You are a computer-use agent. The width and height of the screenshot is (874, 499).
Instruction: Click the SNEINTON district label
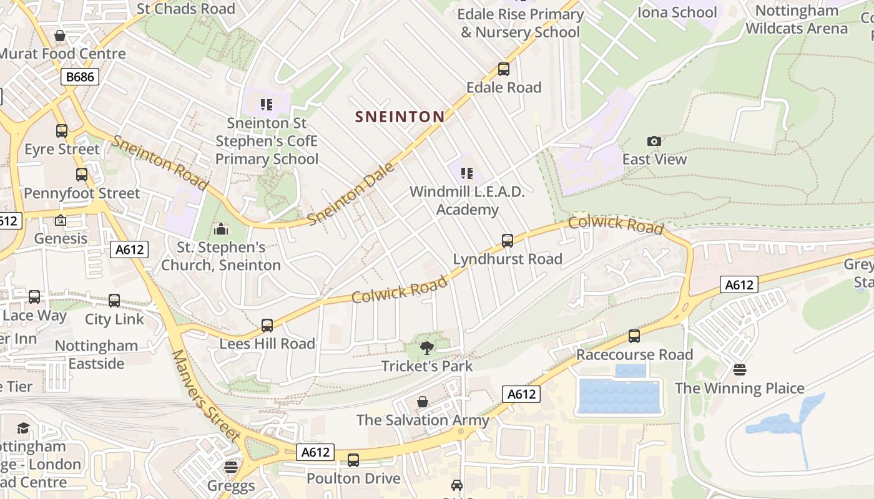tap(400, 117)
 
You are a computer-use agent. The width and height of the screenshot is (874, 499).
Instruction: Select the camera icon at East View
tap(654, 141)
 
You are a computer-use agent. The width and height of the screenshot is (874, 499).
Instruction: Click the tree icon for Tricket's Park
tap(427, 348)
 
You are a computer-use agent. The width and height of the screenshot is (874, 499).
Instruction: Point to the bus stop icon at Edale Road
tap(504, 69)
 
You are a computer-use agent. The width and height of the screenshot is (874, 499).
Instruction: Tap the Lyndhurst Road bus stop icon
tap(508, 241)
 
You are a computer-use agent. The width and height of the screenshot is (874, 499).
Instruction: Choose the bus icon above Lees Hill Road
tap(267, 326)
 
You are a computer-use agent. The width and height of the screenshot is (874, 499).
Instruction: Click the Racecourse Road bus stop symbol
tap(634, 336)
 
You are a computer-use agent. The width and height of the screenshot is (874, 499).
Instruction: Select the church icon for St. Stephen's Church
tap(221, 230)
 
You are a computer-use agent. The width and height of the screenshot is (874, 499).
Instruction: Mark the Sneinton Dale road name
tap(351, 194)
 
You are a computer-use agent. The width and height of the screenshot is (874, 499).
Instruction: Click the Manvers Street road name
tap(205, 395)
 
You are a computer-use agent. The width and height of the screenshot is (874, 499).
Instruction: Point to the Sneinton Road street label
tap(159, 162)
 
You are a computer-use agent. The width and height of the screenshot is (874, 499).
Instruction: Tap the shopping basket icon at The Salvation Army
tap(423, 402)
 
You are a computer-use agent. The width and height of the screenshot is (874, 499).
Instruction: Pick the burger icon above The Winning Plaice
tap(740, 370)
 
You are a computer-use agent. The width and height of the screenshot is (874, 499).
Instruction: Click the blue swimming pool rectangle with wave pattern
tap(619, 396)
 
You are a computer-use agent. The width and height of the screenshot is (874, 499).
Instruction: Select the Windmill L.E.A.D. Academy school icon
tap(467, 173)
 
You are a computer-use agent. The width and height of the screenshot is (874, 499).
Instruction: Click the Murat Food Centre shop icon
tap(60, 36)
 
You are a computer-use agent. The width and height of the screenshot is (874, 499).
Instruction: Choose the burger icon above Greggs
tap(231, 467)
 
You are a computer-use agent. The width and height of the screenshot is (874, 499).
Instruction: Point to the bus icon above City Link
tap(114, 301)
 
